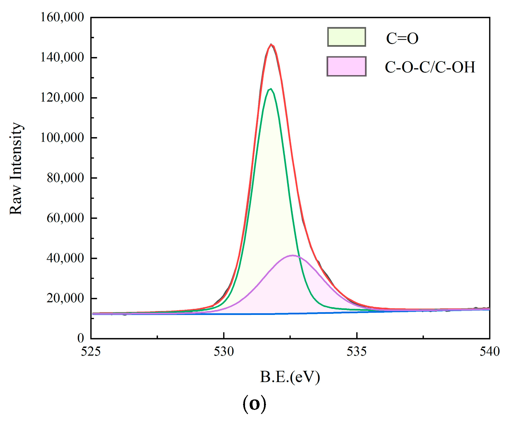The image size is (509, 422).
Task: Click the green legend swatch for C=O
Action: [x=347, y=37]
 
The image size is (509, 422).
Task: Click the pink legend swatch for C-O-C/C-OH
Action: [x=347, y=66]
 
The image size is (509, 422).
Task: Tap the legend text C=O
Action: [x=402, y=38]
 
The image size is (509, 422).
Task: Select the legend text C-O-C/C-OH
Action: [x=430, y=67]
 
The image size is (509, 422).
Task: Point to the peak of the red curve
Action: [x=271, y=44]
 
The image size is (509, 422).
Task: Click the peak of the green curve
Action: [x=271, y=89]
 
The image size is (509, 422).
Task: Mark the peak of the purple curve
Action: [x=292, y=255]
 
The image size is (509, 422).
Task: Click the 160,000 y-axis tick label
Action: [x=62, y=17]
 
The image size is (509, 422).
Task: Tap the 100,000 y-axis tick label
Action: [x=62, y=138]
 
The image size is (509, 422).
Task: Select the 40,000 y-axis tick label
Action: [x=65, y=258]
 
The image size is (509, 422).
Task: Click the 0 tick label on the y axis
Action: [x=80, y=338]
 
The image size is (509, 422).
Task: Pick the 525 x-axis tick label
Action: [x=91, y=352]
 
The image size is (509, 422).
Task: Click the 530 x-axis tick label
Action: [x=224, y=352]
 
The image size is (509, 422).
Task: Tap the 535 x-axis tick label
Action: [x=356, y=352]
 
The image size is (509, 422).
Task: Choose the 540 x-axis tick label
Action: [x=489, y=352]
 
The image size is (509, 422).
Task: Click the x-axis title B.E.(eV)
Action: [x=290, y=377]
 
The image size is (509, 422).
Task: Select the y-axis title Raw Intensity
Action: [x=16, y=168]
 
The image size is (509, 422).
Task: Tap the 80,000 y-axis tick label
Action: [x=65, y=178]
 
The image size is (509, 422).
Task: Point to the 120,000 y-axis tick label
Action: [x=62, y=98]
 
